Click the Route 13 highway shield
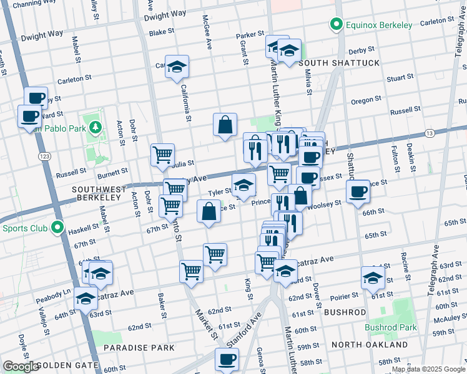[x=429, y=133]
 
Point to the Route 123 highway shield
[x=44, y=155]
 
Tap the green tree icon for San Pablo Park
[x=95, y=128]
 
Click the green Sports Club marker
[x=58, y=228]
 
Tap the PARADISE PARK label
[x=130, y=347]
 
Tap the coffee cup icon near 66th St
[x=358, y=191]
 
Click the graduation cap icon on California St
[x=177, y=67]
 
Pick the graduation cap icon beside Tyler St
[x=243, y=185]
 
